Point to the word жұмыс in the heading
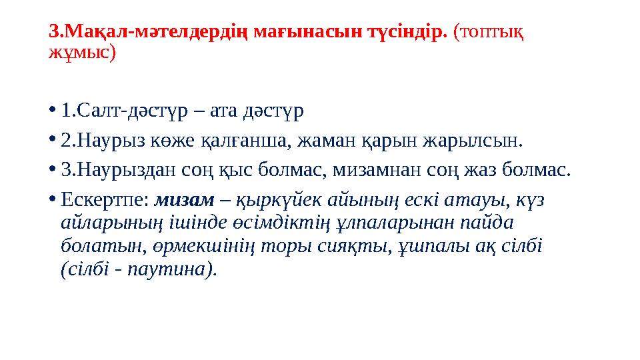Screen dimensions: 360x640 pos(79,53)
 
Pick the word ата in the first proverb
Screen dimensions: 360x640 pos(224,109)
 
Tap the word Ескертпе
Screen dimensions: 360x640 pos(104,199)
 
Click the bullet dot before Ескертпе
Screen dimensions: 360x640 pos(52,199)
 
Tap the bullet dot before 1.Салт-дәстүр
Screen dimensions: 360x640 pos(52,109)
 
